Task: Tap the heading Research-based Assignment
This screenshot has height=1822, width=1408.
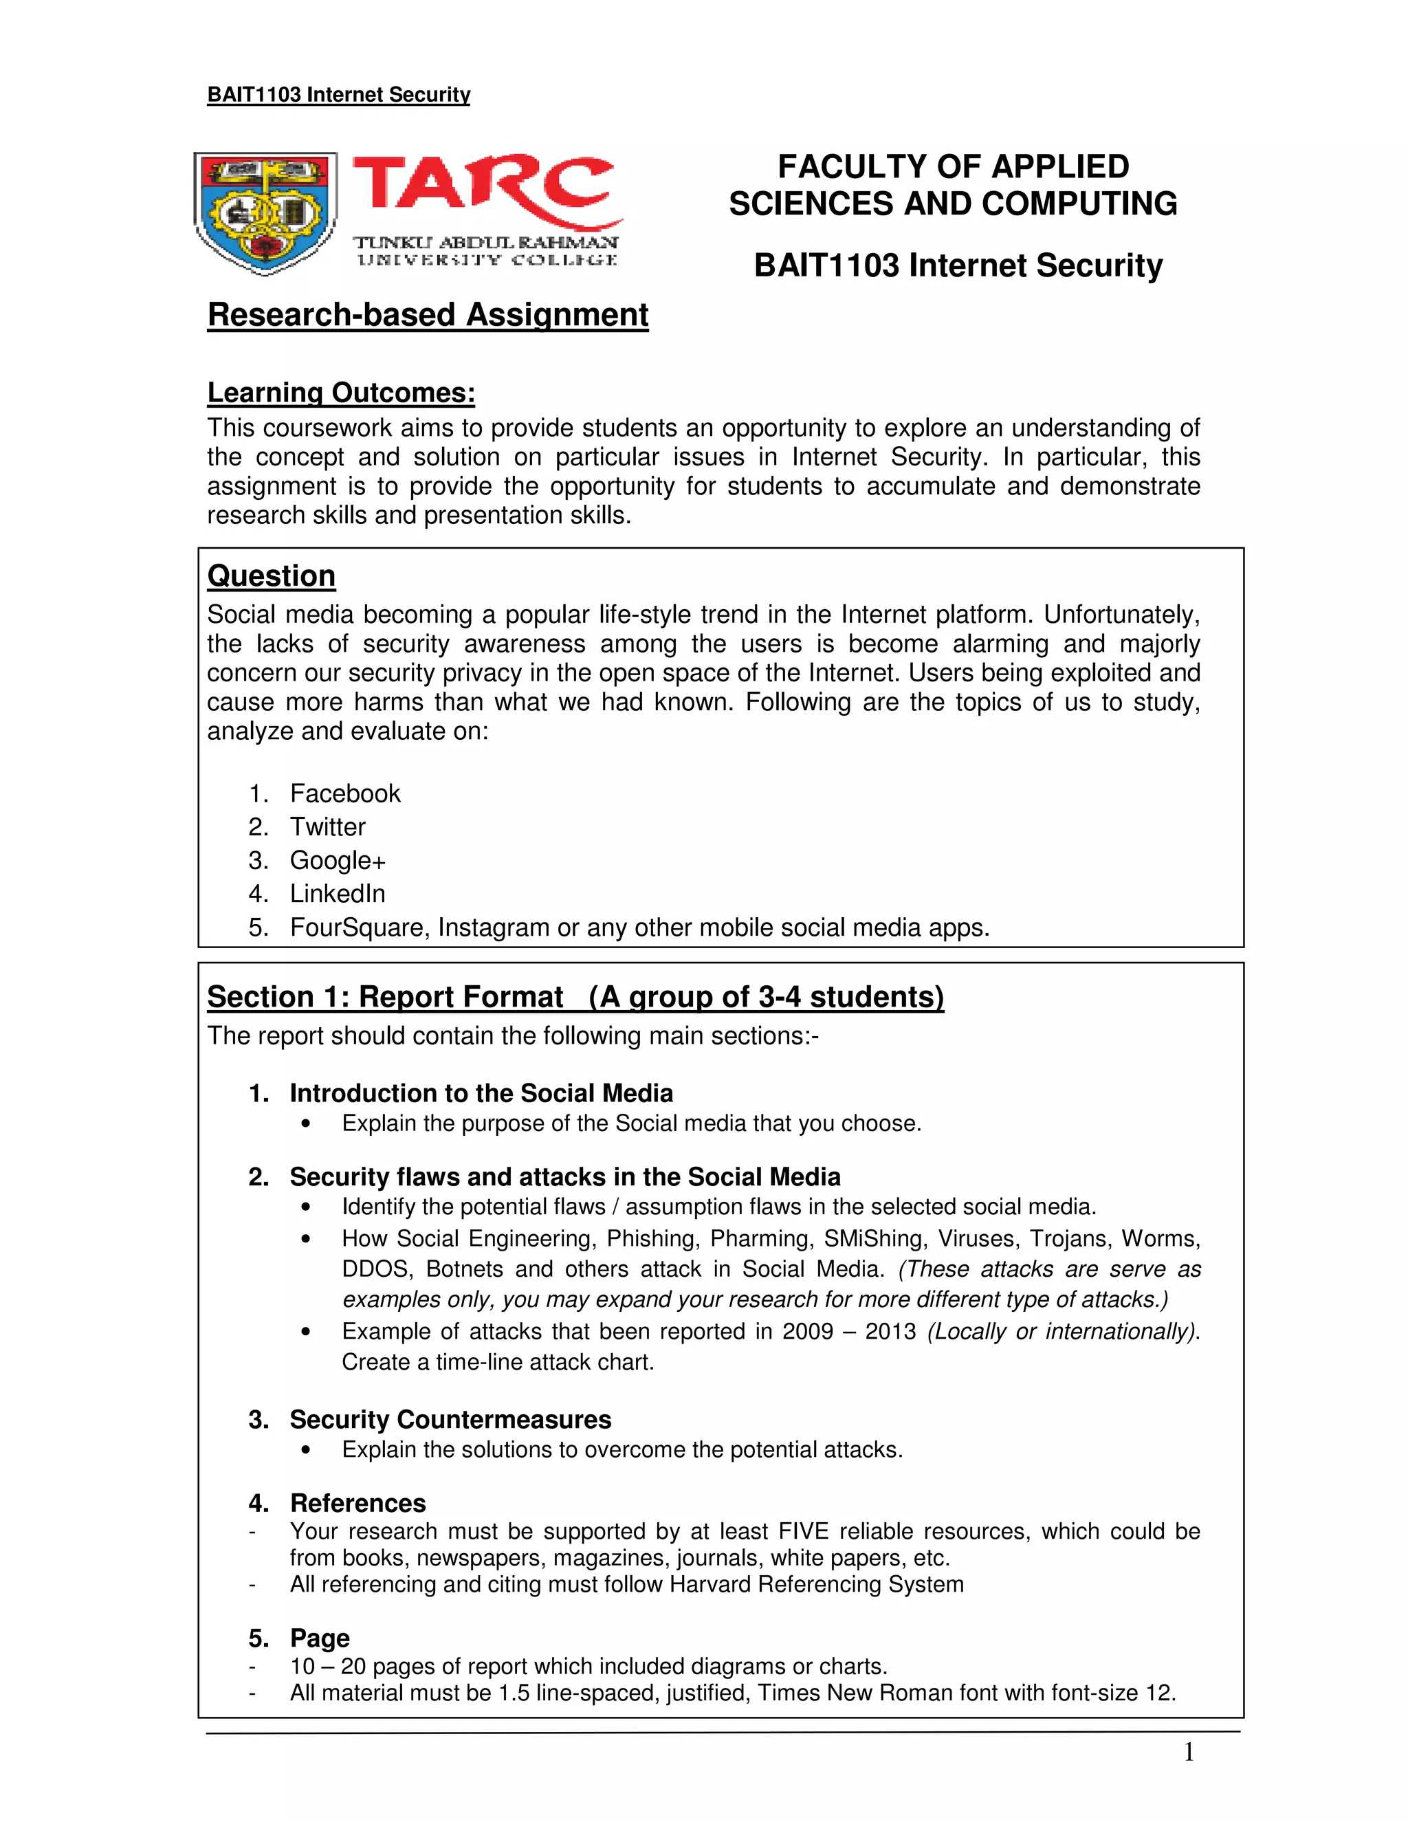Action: (427, 314)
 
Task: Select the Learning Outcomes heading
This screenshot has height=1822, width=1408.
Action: (340, 392)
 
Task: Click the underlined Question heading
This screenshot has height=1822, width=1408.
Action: (271, 575)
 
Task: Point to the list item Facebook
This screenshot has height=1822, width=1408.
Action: (344, 793)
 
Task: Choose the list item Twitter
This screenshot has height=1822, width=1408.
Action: (327, 826)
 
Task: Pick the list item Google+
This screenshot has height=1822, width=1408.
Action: (337, 860)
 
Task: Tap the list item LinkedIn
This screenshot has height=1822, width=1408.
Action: (337, 894)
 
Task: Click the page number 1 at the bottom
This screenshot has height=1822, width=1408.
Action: (1189, 1753)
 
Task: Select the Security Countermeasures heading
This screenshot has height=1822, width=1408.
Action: (450, 1419)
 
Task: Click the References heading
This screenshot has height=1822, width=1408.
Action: (357, 1502)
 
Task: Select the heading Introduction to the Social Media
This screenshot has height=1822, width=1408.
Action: (481, 1093)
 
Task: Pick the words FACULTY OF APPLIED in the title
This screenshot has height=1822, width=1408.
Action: (953, 167)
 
